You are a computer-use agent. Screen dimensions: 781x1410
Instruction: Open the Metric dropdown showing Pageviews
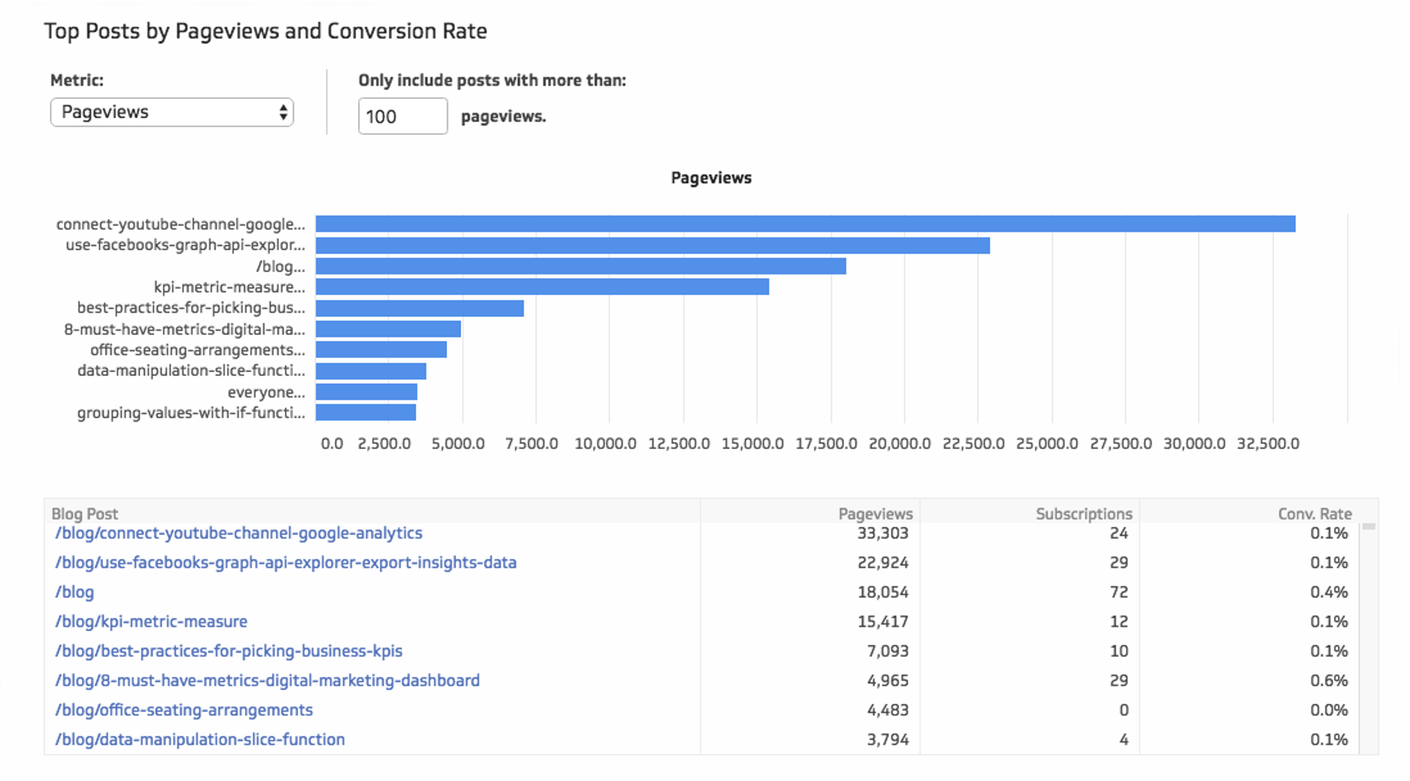click(x=172, y=112)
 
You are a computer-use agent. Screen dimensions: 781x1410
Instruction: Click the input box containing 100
click(x=402, y=117)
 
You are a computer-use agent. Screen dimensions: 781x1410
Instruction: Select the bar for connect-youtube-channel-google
click(x=805, y=224)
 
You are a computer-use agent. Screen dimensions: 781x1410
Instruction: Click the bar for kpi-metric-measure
click(x=542, y=287)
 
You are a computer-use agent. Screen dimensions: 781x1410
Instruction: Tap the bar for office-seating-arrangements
click(x=381, y=350)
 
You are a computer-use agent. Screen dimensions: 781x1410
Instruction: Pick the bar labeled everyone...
click(x=366, y=392)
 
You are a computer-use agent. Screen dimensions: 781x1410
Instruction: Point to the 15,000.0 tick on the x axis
click(x=752, y=444)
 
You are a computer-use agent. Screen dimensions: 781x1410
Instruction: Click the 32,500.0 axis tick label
click(x=1268, y=444)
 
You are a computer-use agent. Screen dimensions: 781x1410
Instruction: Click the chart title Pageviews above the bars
click(x=711, y=178)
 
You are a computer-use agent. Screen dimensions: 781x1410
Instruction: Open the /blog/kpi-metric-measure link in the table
click(x=151, y=622)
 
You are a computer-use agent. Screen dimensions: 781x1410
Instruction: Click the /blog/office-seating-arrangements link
click(x=184, y=711)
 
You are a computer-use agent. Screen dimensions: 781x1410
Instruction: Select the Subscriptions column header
click(x=1083, y=514)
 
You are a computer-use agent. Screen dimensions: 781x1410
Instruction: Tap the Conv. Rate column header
click(x=1314, y=514)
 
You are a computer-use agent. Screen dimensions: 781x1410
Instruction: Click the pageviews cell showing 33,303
click(x=883, y=534)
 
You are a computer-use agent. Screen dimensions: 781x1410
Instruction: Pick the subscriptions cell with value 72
click(x=1118, y=592)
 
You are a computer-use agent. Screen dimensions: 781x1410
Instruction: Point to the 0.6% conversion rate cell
click(x=1328, y=681)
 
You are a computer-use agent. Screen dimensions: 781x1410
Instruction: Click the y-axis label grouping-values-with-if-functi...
click(x=191, y=413)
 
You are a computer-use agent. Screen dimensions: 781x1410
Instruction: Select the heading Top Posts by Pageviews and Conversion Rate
click(x=265, y=32)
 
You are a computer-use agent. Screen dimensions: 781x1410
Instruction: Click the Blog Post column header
click(x=84, y=514)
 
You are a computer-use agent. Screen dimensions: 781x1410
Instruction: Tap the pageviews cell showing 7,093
click(x=887, y=651)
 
